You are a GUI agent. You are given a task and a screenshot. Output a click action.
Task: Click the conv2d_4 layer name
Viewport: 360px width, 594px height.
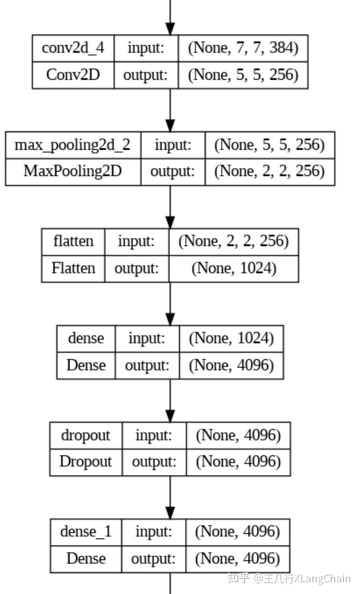click(x=72, y=48)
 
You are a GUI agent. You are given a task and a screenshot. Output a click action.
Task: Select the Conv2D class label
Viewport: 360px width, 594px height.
click(x=72, y=75)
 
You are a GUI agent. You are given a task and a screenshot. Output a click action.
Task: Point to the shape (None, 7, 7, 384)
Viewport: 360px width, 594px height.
click(x=243, y=48)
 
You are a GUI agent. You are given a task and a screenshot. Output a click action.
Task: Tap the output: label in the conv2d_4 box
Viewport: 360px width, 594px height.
click(x=145, y=75)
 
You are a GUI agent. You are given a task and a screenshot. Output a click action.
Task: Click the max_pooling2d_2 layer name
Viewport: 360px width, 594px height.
click(x=72, y=145)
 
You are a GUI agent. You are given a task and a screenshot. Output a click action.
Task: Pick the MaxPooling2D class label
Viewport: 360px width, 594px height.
click(x=72, y=172)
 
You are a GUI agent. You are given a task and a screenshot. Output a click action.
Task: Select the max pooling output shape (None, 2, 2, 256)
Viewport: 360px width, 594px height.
click(x=270, y=172)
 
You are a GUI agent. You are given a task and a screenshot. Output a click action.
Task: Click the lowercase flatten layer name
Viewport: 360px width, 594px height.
click(x=73, y=242)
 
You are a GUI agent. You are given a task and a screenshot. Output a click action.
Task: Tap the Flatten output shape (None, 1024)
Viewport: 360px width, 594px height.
click(x=234, y=268)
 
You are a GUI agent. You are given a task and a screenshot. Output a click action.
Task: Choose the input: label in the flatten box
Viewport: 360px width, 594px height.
click(x=136, y=242)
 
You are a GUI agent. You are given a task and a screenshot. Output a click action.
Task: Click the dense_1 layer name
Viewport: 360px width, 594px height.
click(x=86, y=532)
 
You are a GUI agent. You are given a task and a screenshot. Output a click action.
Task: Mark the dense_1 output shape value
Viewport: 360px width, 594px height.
click(x=237, y=559)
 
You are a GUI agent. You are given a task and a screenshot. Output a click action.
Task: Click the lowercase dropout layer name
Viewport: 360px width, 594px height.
click(x=86, y=435)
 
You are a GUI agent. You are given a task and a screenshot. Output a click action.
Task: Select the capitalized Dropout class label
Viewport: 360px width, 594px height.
click(x=86, y=462)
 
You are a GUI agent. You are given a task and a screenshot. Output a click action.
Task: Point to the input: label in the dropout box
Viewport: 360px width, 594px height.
click(x=154, y=435)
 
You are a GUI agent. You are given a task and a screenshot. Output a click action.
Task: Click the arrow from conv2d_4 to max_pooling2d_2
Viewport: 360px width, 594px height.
click(x=170, y=110)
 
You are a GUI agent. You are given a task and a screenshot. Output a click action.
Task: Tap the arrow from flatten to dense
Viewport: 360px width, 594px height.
click(x=170, y=304)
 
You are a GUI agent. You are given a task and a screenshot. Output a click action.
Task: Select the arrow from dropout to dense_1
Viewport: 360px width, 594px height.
click(x=170, y=497)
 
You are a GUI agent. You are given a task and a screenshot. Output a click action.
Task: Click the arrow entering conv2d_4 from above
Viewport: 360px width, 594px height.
click(x=170, y=17)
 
